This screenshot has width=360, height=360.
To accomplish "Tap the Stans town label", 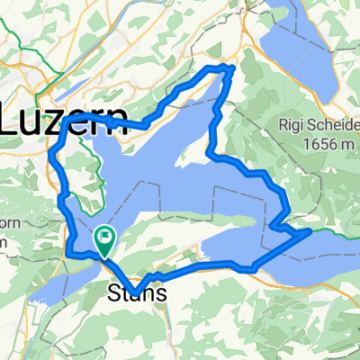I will pyautogui.click(x=135, y=292).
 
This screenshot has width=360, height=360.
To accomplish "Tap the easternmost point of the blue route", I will pyautogui.click(x=310, y=230).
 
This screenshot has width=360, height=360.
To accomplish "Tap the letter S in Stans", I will pyautogui.click(x=114, y=292).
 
